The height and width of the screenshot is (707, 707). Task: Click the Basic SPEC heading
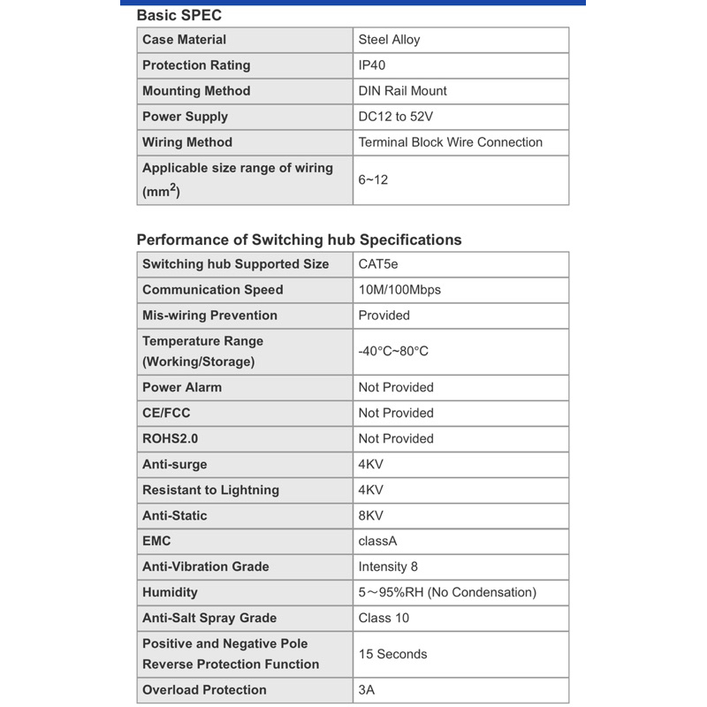(179, 15)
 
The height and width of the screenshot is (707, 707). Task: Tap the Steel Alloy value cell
(389, 40)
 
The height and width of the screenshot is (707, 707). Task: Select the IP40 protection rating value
(372, 65)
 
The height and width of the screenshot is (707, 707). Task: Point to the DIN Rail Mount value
(402, 91)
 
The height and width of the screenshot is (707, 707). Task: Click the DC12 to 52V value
(395, 117)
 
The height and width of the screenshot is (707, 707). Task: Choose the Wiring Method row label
(187, 142)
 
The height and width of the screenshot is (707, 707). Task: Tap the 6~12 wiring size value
(373, 179)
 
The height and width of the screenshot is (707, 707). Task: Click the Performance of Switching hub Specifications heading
(299, 239)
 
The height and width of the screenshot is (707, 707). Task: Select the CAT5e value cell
(378, 264)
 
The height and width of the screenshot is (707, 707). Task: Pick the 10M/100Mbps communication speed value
(399, 290)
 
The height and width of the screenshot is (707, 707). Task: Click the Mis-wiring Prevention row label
(209, 315)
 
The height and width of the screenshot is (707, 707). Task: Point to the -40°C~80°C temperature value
(393, 351)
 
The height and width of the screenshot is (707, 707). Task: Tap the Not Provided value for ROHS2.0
(396, 438)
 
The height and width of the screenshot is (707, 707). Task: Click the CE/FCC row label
(166, 413)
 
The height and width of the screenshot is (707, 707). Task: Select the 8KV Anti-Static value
(371, 515)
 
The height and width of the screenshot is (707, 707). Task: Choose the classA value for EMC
(377, 541)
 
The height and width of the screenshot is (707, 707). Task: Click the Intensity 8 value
(388, 566)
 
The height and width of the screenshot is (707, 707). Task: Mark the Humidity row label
(170, 592)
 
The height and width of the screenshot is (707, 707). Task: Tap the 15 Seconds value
(392, 654)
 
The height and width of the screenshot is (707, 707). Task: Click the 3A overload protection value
(367, 690)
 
